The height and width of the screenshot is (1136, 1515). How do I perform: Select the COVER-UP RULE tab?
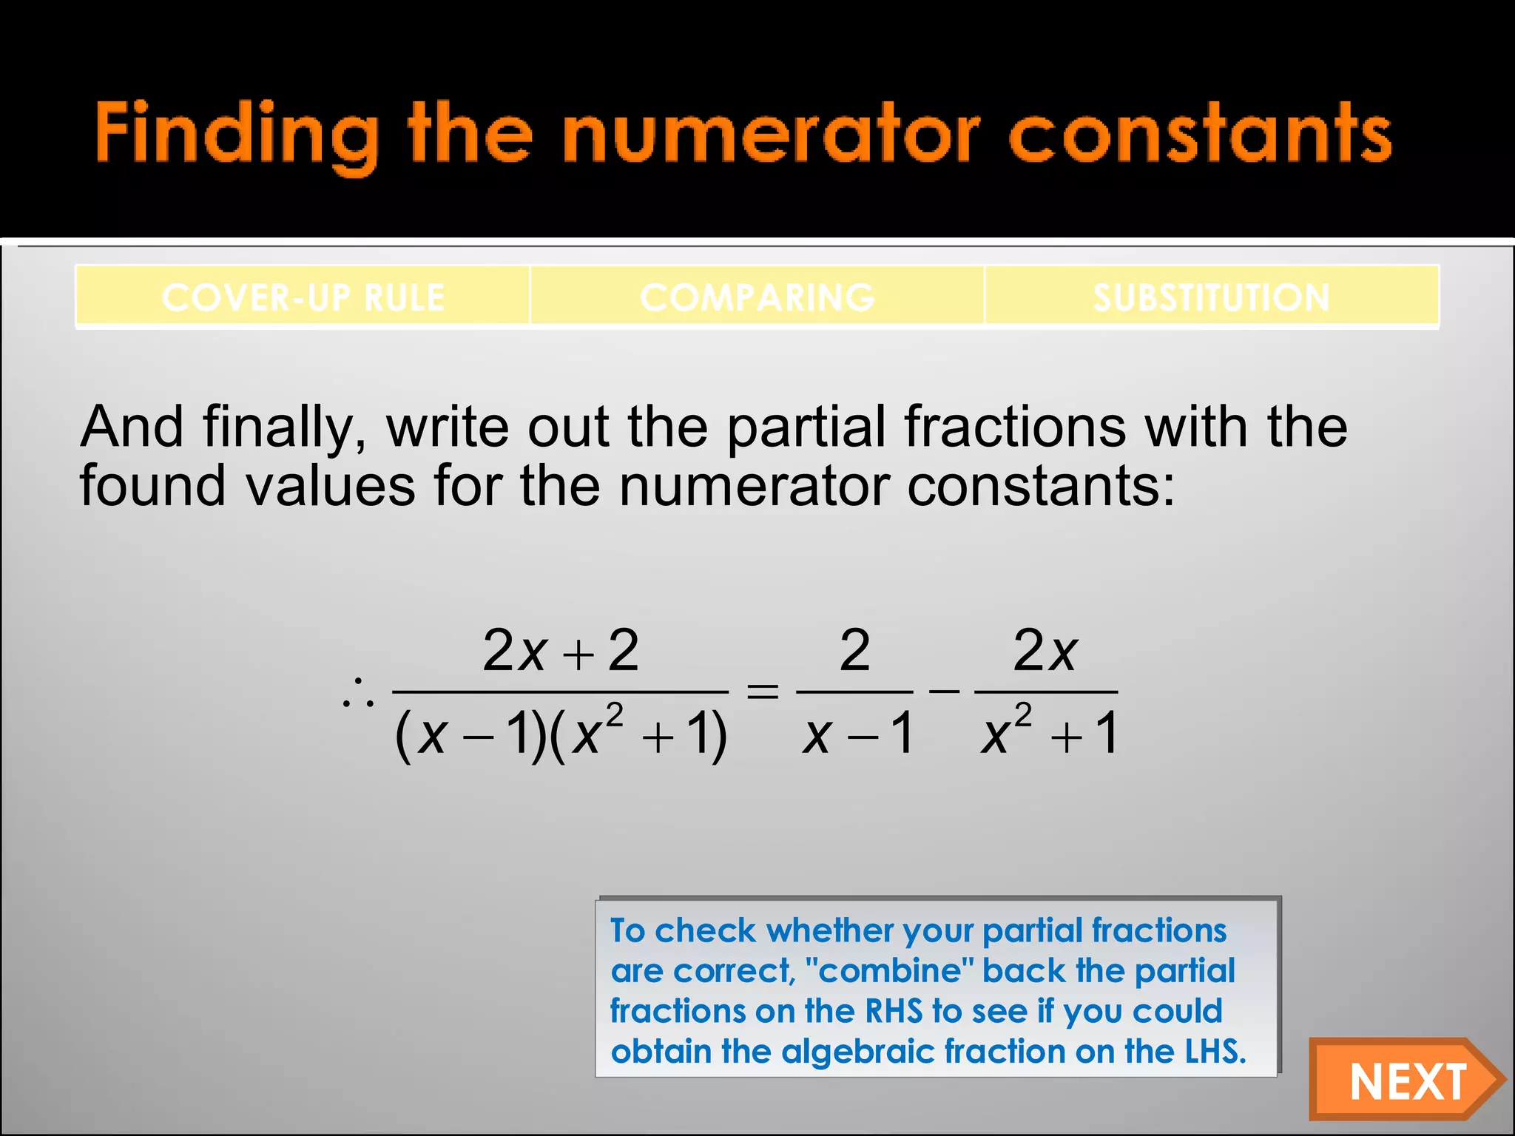pyautogui.click(x=303, y=297)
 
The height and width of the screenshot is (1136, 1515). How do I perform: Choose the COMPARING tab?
pyautogui.click(x=757, y=297)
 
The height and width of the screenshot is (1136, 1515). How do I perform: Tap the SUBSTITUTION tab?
pyautogui.click(x=1211, y=297)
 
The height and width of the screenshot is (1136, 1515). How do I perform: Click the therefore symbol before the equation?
pyautogui.click(x=358, y=694)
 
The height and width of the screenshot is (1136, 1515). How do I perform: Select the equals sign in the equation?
pyautogui.click(x=763, y=692)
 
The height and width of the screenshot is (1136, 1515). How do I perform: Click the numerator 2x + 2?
pyautogui.click(x=560, y=651)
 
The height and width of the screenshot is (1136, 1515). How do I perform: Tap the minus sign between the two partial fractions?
pyautogui.click(x=944, y=691)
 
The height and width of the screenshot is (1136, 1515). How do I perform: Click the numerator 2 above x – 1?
pyautogui.click(x=854, y=651)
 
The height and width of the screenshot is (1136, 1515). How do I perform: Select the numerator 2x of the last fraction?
pyautogui.click(x=1045, y=651)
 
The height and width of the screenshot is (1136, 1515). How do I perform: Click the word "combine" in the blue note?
pyautogui.click(x=888, y=971)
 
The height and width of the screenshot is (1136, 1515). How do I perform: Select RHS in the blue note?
pyautogui.click(x=894, y=1011)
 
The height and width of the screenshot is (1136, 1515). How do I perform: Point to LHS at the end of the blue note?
pyautogui.click(x=1215, y=1051)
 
